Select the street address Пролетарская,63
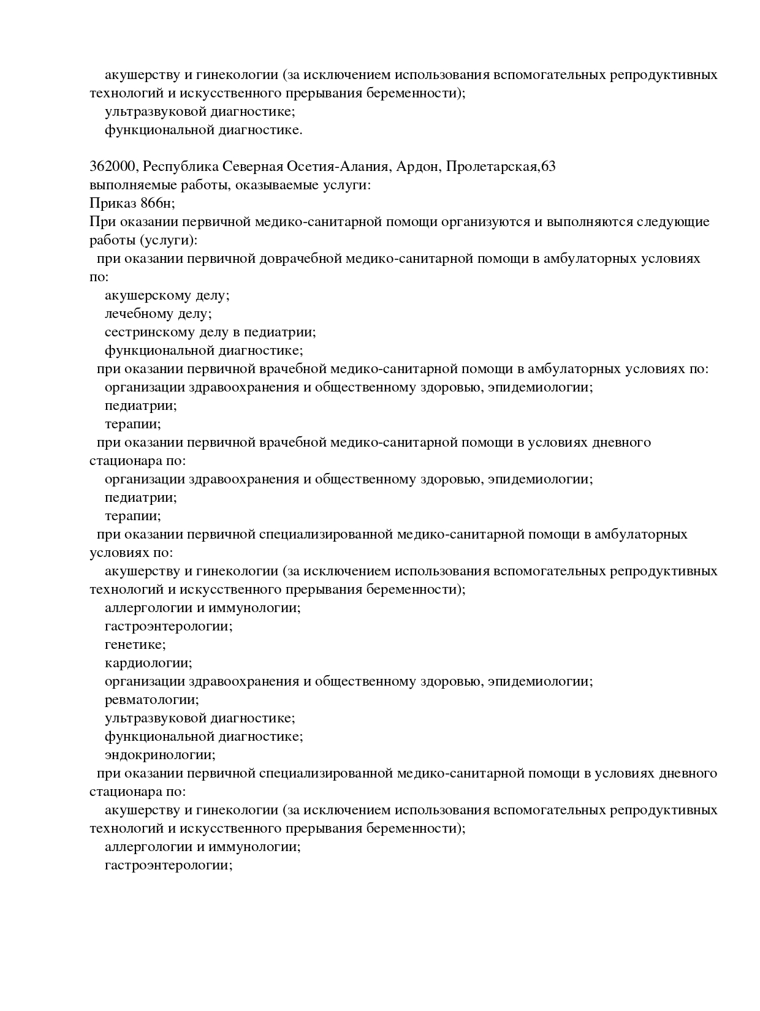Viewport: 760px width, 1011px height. pyautogui.click(x=501, y=167)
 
